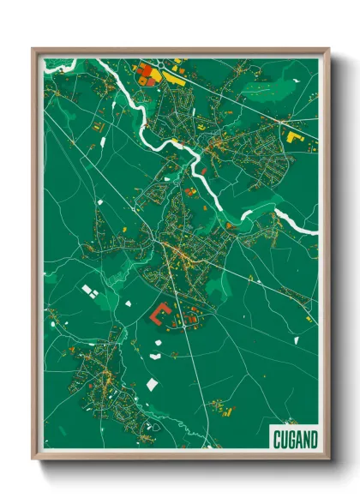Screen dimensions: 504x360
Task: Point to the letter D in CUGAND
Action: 313,439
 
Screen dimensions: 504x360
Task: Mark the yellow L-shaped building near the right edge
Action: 295,135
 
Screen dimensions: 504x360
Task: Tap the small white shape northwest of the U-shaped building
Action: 128,303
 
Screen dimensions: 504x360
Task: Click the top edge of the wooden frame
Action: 180,50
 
